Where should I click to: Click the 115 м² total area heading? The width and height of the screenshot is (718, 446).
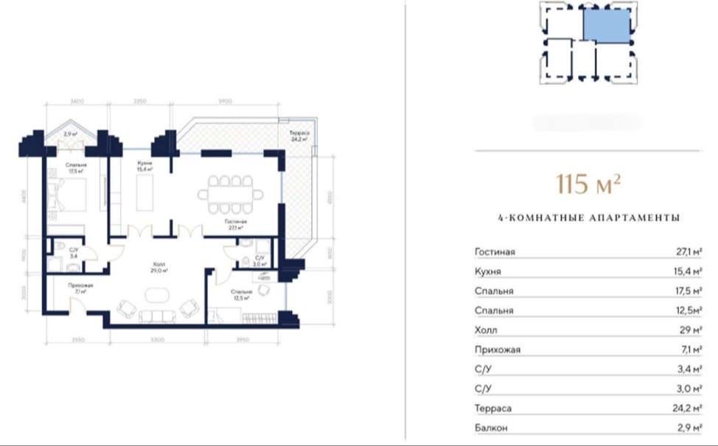point(588,184)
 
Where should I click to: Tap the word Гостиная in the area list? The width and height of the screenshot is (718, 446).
point(495,252)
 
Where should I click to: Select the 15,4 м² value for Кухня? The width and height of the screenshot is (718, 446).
point(685,272)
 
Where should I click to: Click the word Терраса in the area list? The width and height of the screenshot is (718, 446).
point(493,408)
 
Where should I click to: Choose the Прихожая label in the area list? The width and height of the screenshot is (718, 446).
point(498,349)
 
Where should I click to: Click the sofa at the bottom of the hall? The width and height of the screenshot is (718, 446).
point(156,317)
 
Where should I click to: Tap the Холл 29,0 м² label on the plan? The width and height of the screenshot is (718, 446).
point(159,268)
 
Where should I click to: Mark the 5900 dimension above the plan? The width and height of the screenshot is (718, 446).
point(226,102)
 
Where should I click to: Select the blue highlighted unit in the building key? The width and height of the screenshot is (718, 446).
point(607,26)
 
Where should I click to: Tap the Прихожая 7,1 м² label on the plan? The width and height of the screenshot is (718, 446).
point(77,288)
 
